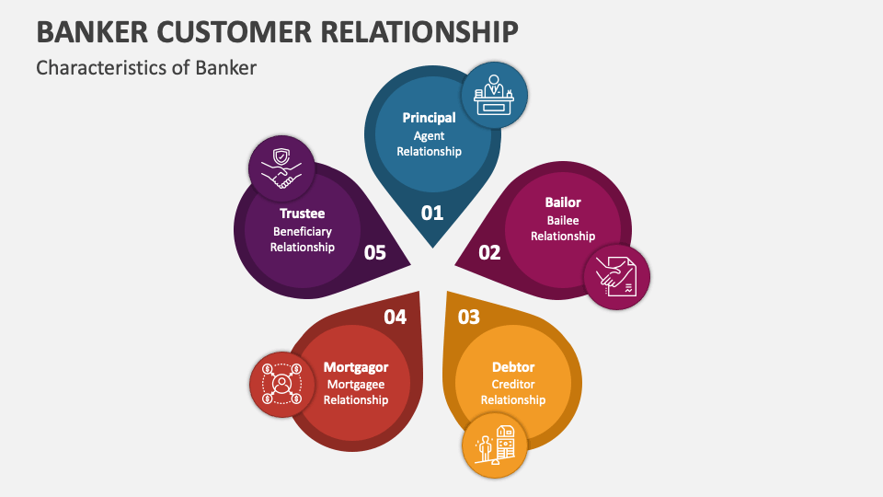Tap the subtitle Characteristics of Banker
pyautogui.click(x=145, y=67)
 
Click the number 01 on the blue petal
pyautogui.click(x=432, y=213)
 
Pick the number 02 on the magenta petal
pyautogui.click(x=489, y=252)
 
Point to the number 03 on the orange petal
pyautogui.click(x=469, y=317)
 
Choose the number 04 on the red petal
pyautogui.click(x=395, y=317)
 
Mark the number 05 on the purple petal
pyautogui.click(x=374, y=252)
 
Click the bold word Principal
pyautogui.click(x=429, y=118)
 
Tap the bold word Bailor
pyautogui.click(x=563, y=202)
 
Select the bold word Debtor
pyautogui.click(x=513, y=367)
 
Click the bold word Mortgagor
pyautogui.click(x=356, y=367)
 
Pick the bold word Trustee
pyautogui.click(x=303, y=214)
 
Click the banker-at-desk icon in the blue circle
pyautogui.click(x=494, y=95)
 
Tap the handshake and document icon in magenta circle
pyautogui.click(x=616, y=276)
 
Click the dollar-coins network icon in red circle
pyautogui.click(x=281, y=383)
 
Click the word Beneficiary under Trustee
pyautogui.click(x=303, y=231)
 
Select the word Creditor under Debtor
pyautogui.click(x=513, y=384)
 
